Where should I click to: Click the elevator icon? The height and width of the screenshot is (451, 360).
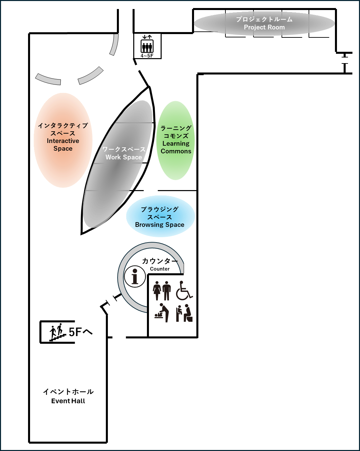147,44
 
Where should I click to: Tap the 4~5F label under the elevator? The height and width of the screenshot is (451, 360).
147,56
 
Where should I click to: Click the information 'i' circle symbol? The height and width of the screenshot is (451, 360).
135,277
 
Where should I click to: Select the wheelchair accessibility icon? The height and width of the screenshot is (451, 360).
184,291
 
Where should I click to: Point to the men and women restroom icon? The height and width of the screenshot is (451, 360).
162,291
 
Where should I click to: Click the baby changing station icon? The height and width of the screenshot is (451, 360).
162,313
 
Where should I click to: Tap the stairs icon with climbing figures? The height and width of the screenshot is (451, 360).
57,332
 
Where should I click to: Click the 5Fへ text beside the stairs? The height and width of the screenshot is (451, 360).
80,332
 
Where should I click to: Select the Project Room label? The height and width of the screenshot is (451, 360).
264,27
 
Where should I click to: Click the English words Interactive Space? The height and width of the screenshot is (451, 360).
63,145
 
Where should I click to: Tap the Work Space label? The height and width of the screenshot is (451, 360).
124,157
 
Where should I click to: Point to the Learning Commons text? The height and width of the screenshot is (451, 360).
176,147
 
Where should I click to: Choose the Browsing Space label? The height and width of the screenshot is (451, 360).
160,225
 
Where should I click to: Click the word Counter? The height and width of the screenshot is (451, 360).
160,269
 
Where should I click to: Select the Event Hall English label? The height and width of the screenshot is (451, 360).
68,401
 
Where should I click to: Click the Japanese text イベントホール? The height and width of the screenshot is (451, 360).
68,392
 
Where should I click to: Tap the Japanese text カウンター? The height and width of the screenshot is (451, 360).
160,261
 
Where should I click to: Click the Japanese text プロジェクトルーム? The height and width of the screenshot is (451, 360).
264,19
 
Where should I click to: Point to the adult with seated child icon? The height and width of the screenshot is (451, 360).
184,313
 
